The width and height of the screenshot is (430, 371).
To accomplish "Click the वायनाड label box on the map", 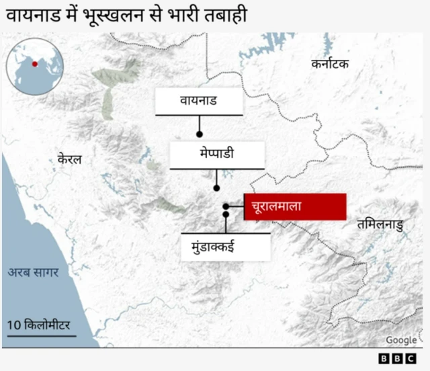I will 199,101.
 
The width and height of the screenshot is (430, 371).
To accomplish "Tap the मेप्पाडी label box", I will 216,154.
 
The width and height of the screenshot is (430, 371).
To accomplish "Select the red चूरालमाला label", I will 294,206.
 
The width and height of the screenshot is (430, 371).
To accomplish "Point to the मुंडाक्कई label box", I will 226,247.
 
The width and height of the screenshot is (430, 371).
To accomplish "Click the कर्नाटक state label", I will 330,64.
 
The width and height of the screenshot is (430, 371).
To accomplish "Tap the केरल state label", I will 69,159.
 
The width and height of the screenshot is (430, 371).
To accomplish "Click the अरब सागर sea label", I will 34,272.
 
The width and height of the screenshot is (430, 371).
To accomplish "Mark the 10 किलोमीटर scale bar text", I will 38,325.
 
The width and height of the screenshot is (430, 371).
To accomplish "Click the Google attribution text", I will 400,341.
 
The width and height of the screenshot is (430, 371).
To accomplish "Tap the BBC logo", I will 397,359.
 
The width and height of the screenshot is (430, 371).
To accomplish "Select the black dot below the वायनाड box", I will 200,134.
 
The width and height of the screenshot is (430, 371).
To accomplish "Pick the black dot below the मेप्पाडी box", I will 216,188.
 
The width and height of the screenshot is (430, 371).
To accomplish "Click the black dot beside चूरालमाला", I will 226,206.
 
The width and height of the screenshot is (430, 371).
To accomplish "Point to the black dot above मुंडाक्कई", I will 226,214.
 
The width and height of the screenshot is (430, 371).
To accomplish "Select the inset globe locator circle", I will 35,66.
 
